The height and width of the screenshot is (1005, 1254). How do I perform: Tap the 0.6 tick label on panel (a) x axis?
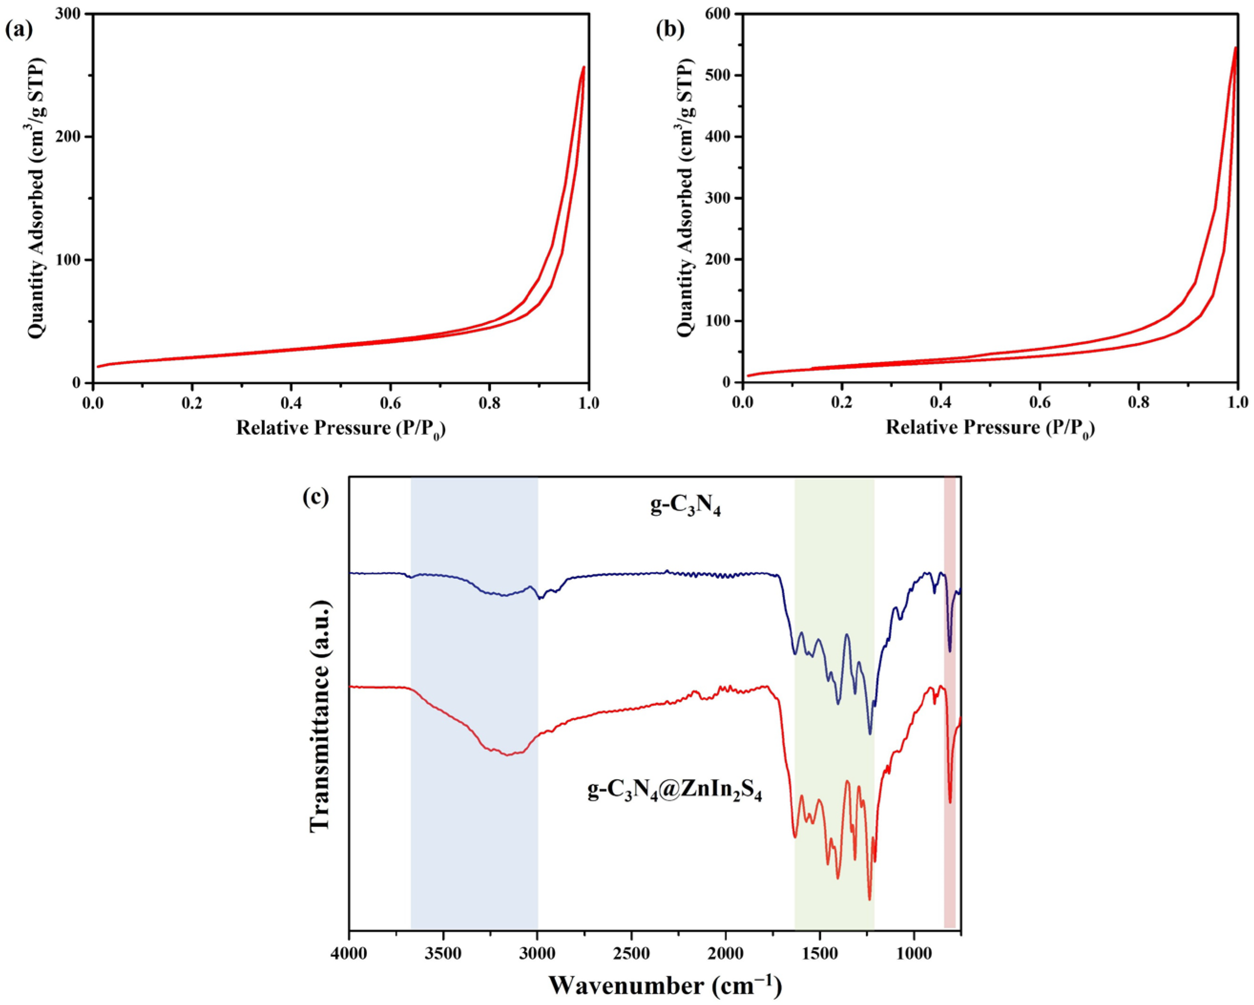pyautogui.click(x=390, y=404)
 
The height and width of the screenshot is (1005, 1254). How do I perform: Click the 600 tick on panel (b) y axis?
pyautogui.click(x=720, y=13)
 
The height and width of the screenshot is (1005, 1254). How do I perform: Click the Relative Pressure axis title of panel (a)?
pyautogui.click(x=345, y=429)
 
